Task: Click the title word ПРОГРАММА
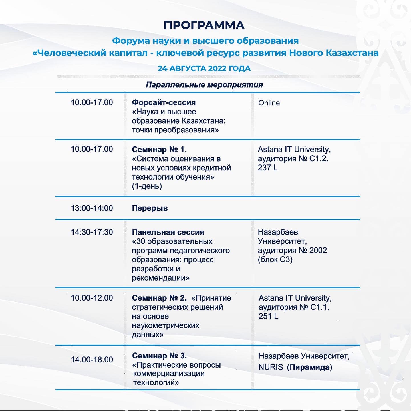click(204, 25)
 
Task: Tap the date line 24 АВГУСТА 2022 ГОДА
click(204, 68)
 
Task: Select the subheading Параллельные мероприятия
click(204, 85)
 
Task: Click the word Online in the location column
click(269, 103)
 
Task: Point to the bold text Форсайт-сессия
click(164, 102)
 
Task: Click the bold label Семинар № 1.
click(159, 149)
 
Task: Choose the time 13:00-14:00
click(92, 208)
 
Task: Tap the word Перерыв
click(150, 208)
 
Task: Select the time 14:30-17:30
click(92, 232)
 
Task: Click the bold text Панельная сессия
click(168, 232)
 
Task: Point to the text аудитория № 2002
click(292, 250)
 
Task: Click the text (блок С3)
click(275, 259)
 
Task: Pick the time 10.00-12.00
click(92, 298)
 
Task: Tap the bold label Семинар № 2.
click(159, 298)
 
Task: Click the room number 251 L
click(268, 316)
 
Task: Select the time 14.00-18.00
click(92, 360)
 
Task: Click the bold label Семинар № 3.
click(159, 356)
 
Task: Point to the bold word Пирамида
click(309, 367)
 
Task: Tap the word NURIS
click(271, 367)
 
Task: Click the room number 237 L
click(267, 168)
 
